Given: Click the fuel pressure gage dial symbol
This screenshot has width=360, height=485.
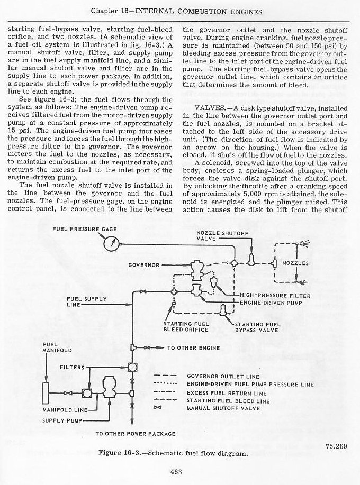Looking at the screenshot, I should coord(111,243).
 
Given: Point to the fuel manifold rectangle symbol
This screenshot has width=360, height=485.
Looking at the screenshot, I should coord(45,392).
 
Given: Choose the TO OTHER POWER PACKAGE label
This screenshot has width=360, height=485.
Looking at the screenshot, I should coord(135,434).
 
